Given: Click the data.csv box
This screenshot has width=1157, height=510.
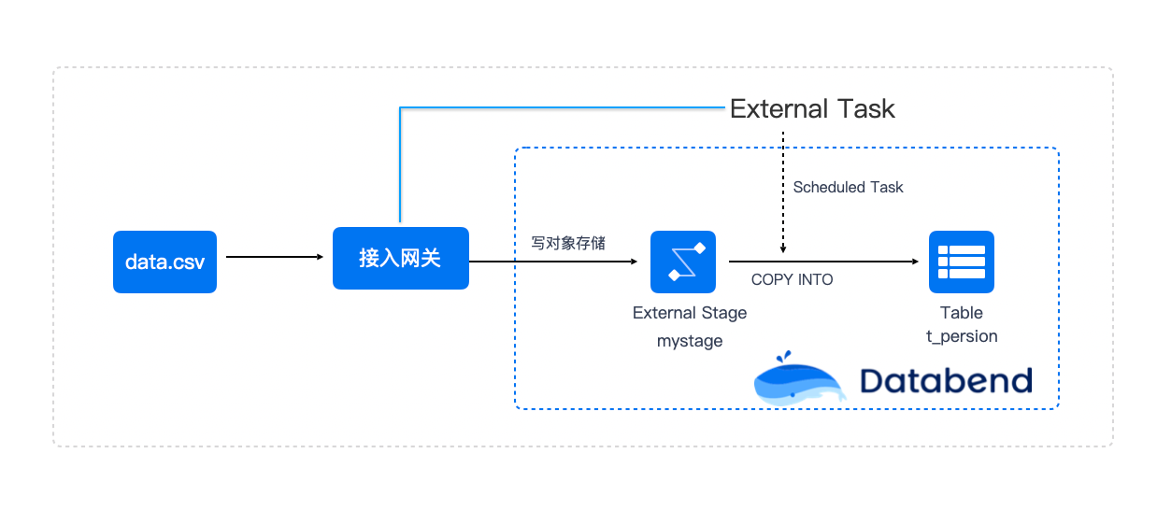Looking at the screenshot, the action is coord(164,262).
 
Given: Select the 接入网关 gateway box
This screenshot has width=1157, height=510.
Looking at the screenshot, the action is coord(401,258).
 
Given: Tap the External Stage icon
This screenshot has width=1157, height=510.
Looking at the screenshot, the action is coord(683,262).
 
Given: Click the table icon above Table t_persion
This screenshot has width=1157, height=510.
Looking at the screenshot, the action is coord(962,262).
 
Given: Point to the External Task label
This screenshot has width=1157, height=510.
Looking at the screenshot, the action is coord(812,109).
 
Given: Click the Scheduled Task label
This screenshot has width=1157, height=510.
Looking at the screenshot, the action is coord(848,187).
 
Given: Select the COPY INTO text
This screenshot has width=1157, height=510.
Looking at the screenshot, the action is coord(792,280).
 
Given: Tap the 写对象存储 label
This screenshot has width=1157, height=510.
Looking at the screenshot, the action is coord(568,243).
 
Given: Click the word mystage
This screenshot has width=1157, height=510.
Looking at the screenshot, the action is coord(690,341).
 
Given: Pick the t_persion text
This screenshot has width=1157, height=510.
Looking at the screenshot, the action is coord(962,336).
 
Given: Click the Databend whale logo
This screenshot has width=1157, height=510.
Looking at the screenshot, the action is coord(798,378).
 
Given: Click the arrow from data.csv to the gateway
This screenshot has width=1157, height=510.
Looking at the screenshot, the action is coord(275,257).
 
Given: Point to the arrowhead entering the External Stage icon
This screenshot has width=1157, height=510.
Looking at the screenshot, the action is coord(635,262).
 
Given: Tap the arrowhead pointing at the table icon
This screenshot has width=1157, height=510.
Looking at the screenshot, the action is coord(915,262).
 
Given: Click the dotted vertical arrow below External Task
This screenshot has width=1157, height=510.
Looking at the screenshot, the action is coord(783,192).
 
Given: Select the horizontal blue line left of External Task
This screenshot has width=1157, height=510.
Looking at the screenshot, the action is coord(563,107).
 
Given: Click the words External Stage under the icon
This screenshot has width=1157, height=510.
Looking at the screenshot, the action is coord(690,313).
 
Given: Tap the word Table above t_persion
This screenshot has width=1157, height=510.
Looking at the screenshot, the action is coord(962,313).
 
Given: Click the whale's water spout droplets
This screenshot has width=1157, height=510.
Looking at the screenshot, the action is coord(783,356).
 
